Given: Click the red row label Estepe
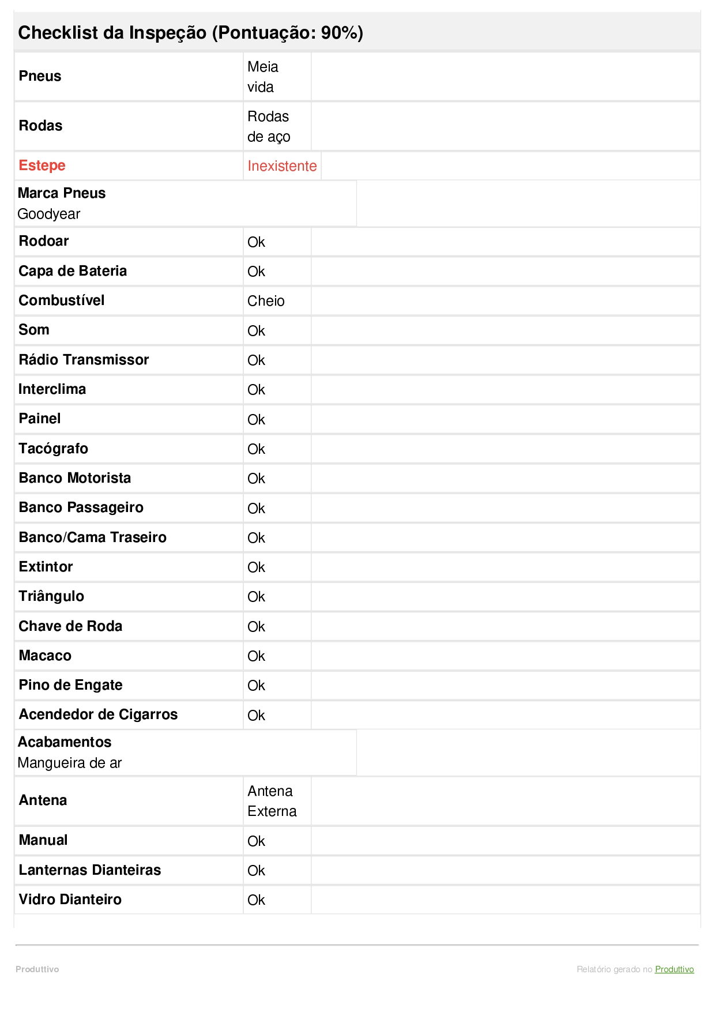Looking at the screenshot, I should [42, 165].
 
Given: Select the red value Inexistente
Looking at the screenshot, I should [282, 166].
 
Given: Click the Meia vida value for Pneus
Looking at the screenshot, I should [262, 77].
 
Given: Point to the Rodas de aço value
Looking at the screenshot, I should [269, 126].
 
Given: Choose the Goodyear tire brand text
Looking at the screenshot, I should [49, 214].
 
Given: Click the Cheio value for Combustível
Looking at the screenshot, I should [266, 301].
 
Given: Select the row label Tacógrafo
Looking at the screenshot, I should [54, 449].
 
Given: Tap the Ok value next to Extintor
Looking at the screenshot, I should [256, 567].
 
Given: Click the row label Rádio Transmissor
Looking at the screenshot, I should [84, 360].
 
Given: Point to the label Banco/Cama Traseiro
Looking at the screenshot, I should [92, 537].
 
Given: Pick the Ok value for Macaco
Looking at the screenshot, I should [256, 656].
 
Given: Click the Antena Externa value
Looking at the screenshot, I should [272, 801].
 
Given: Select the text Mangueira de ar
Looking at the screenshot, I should [70, 763].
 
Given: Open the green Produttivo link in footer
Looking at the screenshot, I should [674, 969].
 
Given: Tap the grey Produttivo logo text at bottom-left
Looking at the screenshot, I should [37, 969].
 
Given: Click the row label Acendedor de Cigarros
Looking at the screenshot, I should [98, 714].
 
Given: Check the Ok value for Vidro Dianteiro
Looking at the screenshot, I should [256, 900].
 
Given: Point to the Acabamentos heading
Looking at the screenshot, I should [65, 742].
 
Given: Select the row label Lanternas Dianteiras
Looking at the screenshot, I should [90, 870].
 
